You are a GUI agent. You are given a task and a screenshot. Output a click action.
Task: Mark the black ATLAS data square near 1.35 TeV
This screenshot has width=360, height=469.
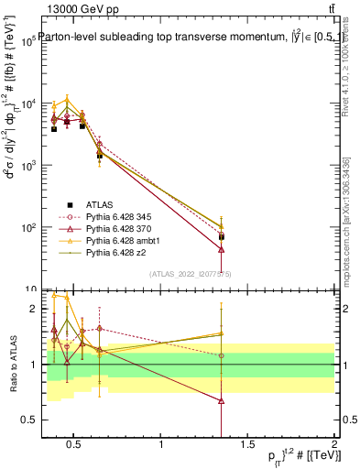tap(221, 236)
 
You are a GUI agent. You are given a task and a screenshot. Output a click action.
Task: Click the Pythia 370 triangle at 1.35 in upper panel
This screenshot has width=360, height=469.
tap(221, 249)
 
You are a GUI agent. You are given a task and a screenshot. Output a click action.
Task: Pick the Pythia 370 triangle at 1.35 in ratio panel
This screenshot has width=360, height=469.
tap(221, 400)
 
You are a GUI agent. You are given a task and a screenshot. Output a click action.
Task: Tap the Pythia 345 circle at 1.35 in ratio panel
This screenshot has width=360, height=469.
tap(221, 355)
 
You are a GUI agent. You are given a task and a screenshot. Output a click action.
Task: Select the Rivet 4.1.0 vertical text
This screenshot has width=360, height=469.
tap(345, 87)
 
